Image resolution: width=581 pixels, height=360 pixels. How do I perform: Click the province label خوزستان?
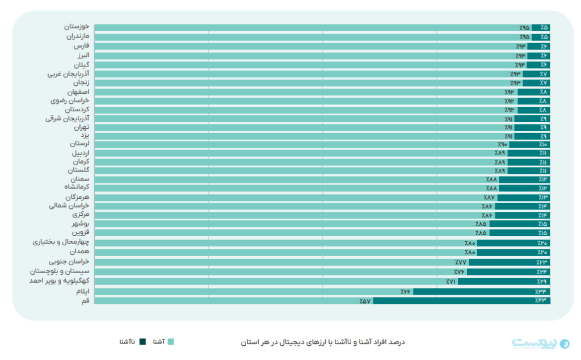coord(77,27)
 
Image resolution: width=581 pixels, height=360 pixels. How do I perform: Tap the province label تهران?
coord(81,128)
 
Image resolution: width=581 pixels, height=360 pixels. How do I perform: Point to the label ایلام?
coord(82,291)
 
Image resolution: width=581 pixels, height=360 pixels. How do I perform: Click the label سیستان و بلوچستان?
coord(64,272)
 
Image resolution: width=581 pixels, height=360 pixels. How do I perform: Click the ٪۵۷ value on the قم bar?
coord(365,300)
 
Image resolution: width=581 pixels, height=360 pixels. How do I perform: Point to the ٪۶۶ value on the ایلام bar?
coord(405,291)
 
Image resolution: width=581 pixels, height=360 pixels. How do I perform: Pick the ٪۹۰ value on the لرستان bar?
coord(502,144)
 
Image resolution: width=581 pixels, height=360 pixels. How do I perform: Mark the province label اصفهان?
coord(78,92)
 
